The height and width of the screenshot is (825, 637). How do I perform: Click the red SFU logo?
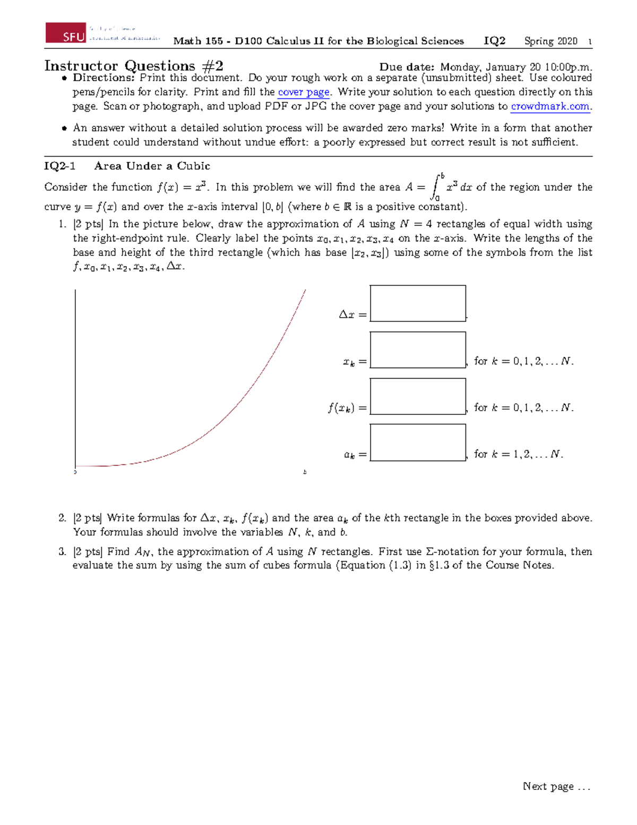[x=66, y=33]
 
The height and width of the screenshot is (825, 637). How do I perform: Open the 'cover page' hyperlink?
[x=304, y=92]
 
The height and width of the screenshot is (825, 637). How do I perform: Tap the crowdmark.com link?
[x=550, y=106]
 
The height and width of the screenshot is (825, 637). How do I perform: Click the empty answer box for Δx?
[x=418, y=303]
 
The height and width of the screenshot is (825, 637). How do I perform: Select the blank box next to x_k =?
[x=418, y=350]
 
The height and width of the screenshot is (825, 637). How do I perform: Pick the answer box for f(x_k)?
[x=418, y=396]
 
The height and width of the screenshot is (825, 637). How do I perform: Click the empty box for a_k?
[x=418, y=443]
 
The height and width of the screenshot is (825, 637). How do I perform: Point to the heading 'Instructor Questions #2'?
[x=133, y=66]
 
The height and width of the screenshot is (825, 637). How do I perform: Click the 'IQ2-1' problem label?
[x=59, y=166]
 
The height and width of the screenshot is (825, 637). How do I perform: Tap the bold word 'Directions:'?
[x=104, y=78]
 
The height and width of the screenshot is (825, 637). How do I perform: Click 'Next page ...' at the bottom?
[x=556, y=786]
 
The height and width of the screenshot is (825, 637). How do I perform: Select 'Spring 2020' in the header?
[x=550, y=41]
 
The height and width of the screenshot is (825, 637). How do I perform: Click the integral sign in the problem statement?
[x=436, y=186]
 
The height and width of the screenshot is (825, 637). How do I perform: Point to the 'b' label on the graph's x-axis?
[x=305, y=472]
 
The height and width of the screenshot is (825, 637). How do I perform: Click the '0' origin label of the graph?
[x=75, y=472]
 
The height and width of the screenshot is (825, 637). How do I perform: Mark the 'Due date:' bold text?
[x=407, y=67]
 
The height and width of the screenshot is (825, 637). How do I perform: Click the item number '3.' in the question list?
[x=63, y=551]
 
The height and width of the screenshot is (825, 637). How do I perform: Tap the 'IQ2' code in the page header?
[x=494, y=41]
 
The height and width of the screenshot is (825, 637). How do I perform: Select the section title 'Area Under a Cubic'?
[x=152, y=166]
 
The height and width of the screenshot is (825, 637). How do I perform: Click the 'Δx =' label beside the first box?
[x=352, y=314]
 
